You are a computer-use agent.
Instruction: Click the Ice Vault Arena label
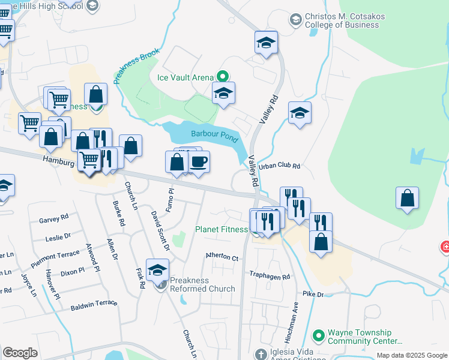click(x=185, y=77)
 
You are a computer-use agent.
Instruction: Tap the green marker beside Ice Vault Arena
click(x=221, y=76)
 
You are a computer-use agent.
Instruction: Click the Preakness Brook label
click(x=136, y=66)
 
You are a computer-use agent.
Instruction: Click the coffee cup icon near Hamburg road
click(x=199, y=161)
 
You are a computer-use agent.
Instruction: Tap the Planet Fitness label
click(x=221, y=229)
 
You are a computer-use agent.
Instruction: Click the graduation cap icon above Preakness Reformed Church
click(x=158, y=271)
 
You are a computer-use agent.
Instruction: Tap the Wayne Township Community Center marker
click(x=319, y=334)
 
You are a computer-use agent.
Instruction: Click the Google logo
click(x=20, y=352)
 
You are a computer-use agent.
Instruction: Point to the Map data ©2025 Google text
click(x=411, y=355)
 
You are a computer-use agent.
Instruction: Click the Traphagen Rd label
click(x=270, y=276)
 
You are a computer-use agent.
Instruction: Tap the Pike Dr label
click(x=313, y=295)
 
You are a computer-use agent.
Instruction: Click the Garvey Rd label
click(x=54, y=219)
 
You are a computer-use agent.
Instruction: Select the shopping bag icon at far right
click(x=407, y=199)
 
